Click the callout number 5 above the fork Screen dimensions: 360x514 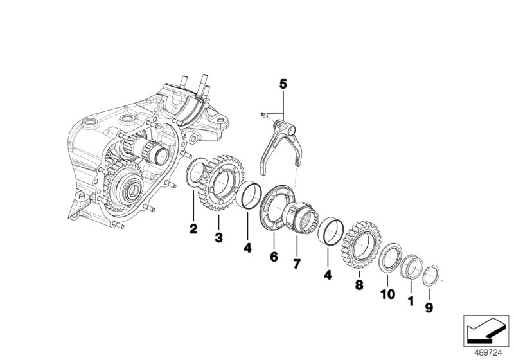pyautogui.click(x=283, y=83)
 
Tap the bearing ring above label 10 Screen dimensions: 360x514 pyautogui.click(x=389, y=258)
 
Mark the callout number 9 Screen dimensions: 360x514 pyautogui.click(x=429, y=308)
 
